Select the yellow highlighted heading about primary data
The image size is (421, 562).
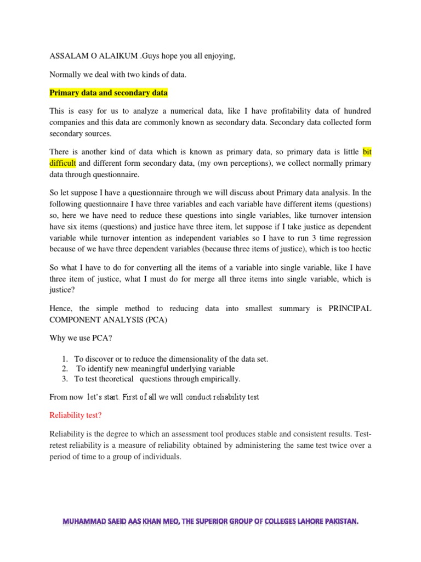coord(109,92)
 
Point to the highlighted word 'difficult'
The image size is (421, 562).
coord(64,164)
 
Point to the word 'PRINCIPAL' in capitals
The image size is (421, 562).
coord(350,309)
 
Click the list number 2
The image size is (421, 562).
coord(65,369)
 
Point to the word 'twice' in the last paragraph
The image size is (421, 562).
coord(297,445)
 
